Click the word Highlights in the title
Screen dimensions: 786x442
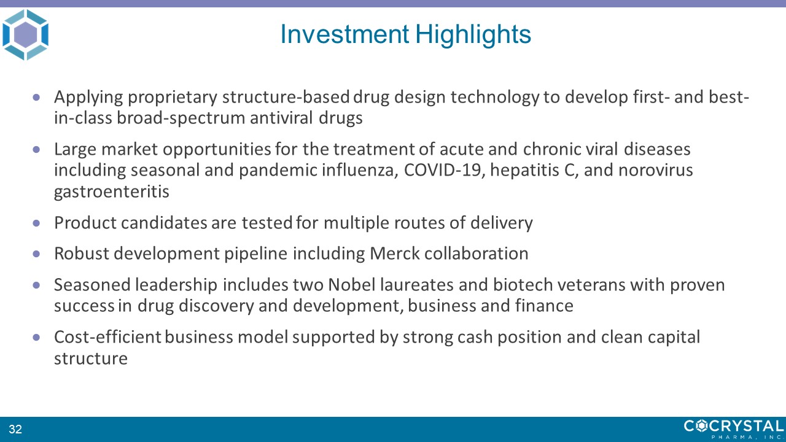click(473, 35)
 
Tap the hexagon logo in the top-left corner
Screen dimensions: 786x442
click(25, 35)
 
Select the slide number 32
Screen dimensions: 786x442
click(15, 429)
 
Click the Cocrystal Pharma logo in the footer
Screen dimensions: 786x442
click(734, 429)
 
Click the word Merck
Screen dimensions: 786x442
click(395, 254)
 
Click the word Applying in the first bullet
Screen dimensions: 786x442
click(88, 98)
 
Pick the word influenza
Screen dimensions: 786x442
click(360, 170)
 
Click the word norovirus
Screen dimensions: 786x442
click(655, 170)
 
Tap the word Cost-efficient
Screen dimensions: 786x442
click(107, 337)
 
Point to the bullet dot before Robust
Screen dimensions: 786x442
click(36, 254)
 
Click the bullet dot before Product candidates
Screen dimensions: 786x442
click(36, 223)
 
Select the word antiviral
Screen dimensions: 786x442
click(281, 117)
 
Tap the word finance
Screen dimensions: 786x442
click(544, 305)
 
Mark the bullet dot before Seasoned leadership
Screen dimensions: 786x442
click(36, 285)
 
